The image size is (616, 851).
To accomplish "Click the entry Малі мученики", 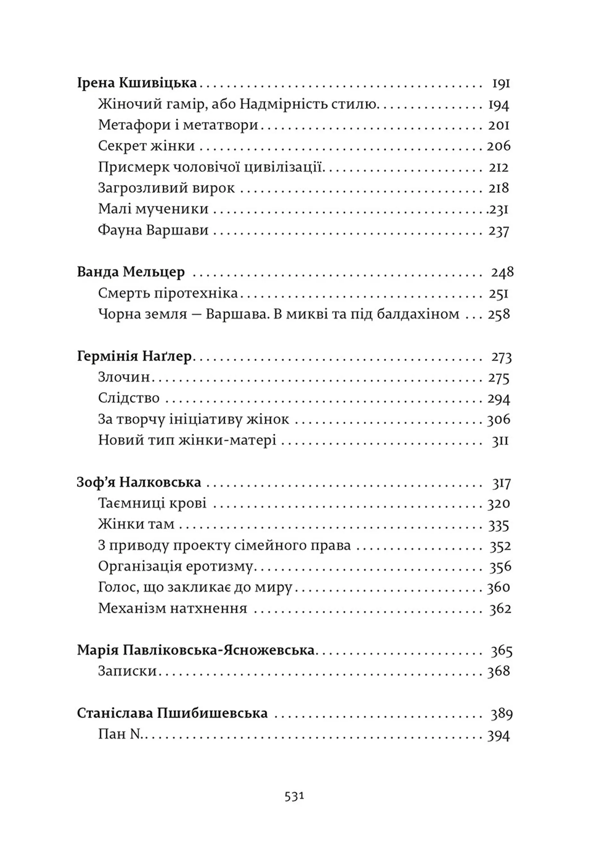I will pos(153,209).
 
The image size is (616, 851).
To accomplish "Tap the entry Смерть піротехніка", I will pos(168,293).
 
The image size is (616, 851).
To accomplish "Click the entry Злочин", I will pos(124,377).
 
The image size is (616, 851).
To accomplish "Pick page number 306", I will pos(498,419).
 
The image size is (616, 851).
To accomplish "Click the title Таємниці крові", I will pos(152,503).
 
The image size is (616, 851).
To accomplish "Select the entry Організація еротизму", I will pos(175,566).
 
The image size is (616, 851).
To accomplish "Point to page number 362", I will pos(500,609).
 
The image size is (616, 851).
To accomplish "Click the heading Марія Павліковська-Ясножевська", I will pos(196,650).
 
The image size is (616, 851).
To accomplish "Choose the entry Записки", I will pos(127,671).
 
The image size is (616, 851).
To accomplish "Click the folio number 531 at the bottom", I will pos(294,806).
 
